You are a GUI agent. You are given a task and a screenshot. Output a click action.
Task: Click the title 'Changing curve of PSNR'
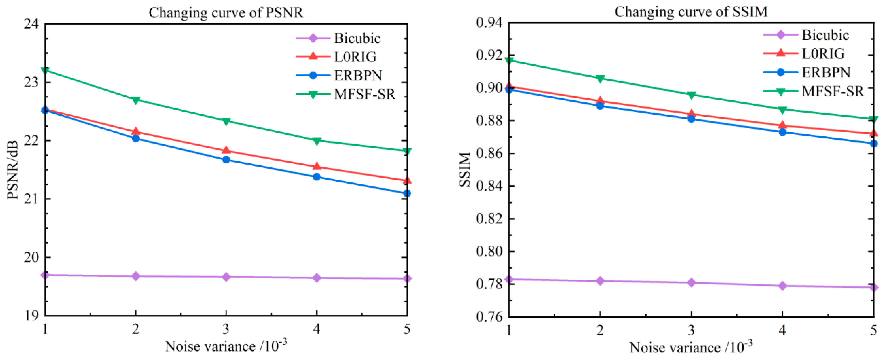(226, 13)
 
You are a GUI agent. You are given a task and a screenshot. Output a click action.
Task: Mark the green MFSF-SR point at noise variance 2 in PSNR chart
(136, 100)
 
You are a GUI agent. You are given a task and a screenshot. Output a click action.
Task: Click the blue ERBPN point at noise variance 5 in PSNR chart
(407, 193)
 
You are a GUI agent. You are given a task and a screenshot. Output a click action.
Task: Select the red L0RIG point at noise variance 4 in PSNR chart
(317, 167)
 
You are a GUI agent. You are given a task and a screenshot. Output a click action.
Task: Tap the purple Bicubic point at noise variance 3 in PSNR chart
(226, 277)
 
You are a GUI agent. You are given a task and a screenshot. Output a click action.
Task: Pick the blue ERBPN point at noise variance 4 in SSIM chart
(782, 132)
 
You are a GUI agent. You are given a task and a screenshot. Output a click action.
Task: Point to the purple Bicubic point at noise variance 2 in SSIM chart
(600, 281)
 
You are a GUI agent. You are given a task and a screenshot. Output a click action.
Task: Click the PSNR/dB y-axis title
(13, 170)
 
